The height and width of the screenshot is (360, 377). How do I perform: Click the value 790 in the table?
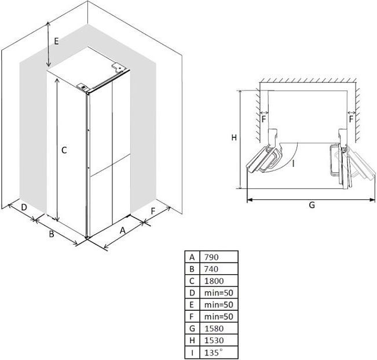211,257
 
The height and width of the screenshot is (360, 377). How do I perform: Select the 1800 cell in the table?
214,281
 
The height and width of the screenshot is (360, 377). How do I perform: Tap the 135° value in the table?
214,352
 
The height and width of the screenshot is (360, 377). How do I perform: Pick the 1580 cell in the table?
214,329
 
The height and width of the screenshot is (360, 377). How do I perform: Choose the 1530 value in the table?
214,340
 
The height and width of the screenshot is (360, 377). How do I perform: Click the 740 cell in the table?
211,269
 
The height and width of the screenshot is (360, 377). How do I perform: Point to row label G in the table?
192,329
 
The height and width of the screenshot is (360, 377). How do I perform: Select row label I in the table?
192,352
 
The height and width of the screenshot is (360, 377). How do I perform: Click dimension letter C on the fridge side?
64,150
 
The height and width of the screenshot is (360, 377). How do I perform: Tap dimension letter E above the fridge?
56,41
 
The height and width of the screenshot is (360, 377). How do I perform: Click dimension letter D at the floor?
24,207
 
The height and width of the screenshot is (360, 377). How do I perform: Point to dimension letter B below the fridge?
52,234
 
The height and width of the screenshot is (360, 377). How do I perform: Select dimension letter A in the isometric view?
123,230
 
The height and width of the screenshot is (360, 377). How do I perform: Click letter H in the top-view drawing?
234,137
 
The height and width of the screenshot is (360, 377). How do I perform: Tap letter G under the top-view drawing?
312,205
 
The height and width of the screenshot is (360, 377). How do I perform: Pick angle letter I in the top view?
294,164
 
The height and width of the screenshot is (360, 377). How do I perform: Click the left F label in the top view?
263,119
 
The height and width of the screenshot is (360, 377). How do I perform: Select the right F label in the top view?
352,119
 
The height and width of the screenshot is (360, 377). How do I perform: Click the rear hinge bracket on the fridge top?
118,67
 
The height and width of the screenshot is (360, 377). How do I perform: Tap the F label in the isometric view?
153,211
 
